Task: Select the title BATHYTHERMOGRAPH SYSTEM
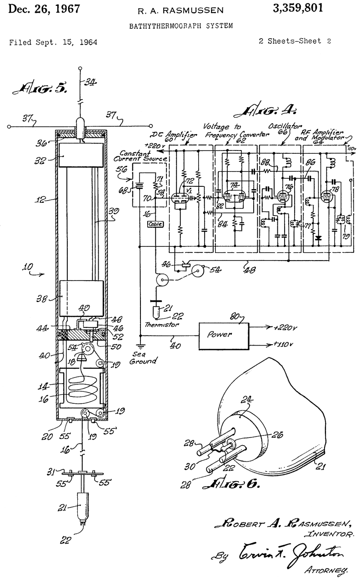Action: pos(181,25)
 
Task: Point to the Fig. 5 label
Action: pos(42,89)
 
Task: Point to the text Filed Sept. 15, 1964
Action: pos(53,42)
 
